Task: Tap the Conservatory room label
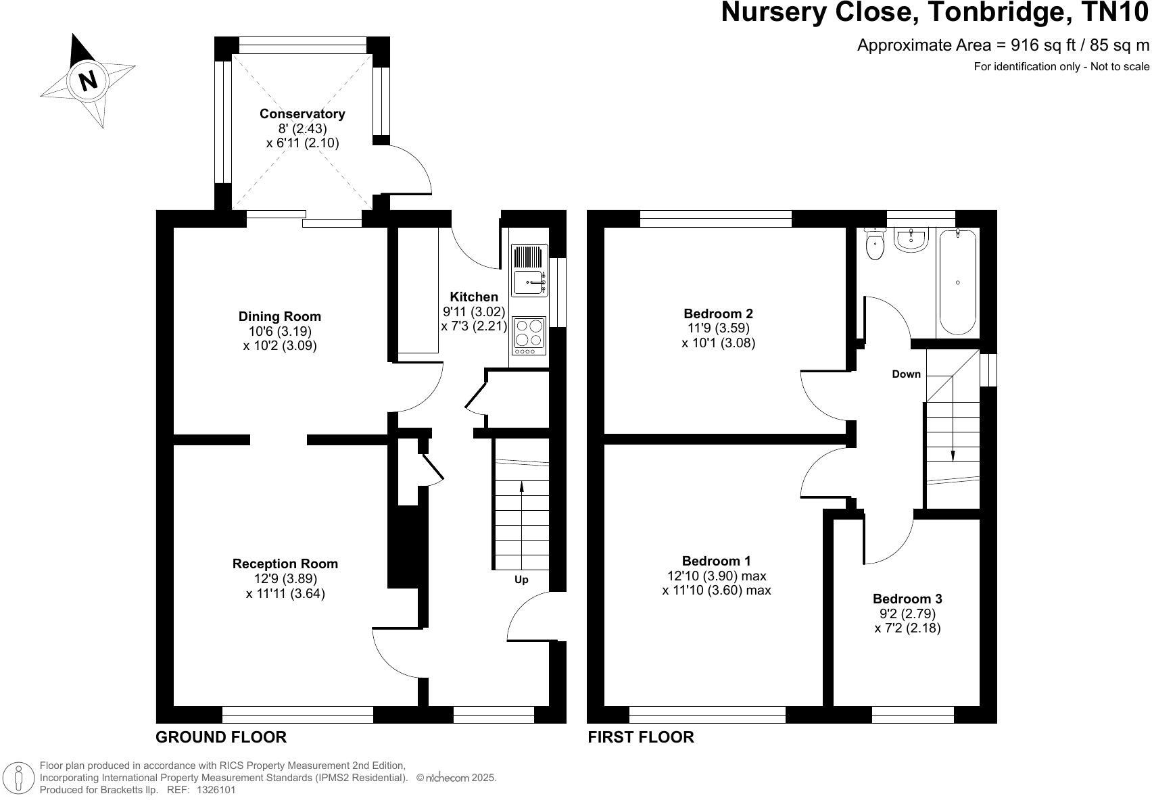(302, 114)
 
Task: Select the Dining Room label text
(279, 316)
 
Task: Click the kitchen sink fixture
(529, 282)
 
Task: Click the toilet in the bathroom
(875, 245)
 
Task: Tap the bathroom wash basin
(912, 239)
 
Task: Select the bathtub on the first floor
(957, 282)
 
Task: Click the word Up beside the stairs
(521, 580)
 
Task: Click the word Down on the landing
(906, 374)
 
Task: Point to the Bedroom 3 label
(907, 599)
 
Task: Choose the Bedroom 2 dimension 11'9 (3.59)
(718, 328)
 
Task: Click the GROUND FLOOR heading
(221, 737)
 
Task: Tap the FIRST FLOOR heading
(640, 737)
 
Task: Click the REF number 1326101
(216, 789)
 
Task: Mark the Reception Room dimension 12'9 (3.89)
(285, 578)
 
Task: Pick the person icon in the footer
(19, 778)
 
